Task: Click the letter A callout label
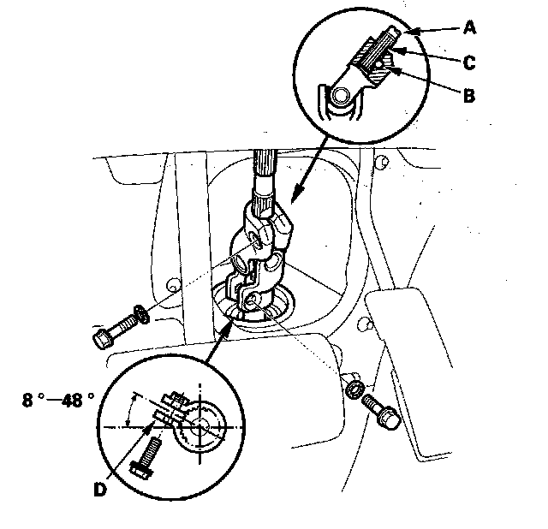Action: pyautogui.click(x=470, y=27)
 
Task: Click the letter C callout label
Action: pyautogui.click(x=469, y=62)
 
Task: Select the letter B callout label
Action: pyautogui.click(x=469, y=95)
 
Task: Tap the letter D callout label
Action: pyautogui.click(x=100, y=490)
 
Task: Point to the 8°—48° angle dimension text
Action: pyautogui.click(x=58, y=400)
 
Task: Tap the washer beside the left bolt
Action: pyautogui.click(x=141, y=314)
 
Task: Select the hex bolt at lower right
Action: pyautogui.click(x=382, y=411)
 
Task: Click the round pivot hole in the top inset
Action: pyautogui.click(x=341, y=95)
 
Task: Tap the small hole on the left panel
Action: pyautogui.click(x=172, y=284)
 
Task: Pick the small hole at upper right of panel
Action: pyautogui.click(x=383, y=162)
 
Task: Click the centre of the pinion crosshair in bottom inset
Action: pyautogui.click(x=200, y=427)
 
